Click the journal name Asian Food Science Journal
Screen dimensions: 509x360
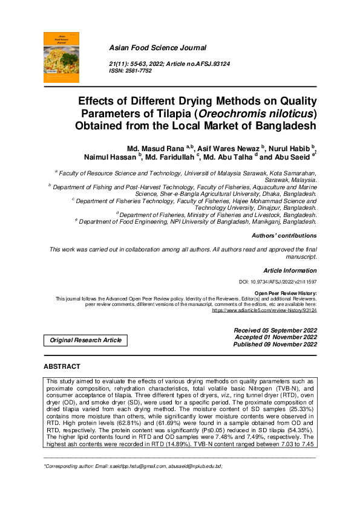pyautogui.click(x=157, y=48)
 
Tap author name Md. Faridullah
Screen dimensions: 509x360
pyautogui.click(x=168, y=157)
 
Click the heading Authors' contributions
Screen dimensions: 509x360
pyautogui.click(x=284, y=236)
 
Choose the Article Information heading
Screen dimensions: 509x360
pyautogui.click(x=290, y=270)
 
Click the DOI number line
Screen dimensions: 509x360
pyautogui.click(x=278, y=282)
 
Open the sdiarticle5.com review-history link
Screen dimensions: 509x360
pyautogui.click(x=264, y=310)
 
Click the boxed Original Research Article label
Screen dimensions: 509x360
pyautogui.click(x=85, y=340)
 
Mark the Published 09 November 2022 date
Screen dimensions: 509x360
pyautogui.click(x=275, y=345)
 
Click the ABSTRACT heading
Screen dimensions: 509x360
pyautogui.click(x=62, y=367)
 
